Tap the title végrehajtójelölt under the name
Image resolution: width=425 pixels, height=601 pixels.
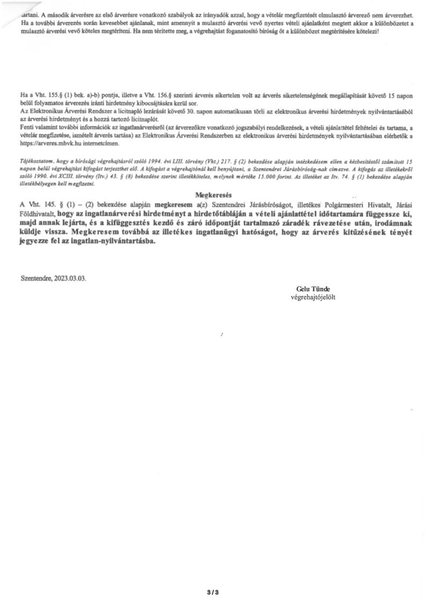coord(313,296)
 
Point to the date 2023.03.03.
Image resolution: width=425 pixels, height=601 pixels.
coord(67,279)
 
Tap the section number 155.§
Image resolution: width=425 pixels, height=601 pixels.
coord(59,93)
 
